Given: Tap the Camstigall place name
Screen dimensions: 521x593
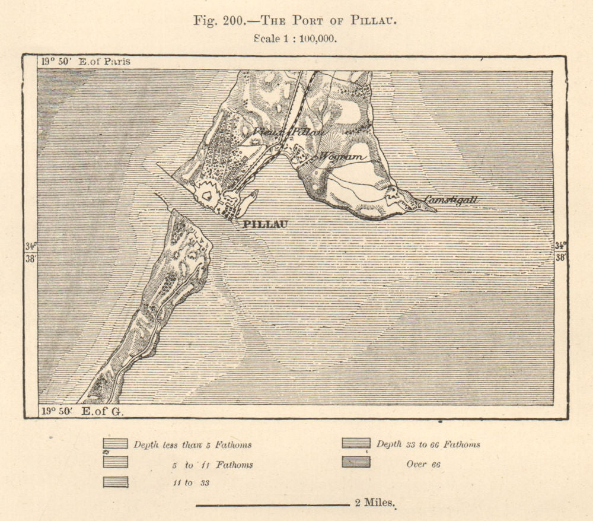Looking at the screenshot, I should tap(451, 201).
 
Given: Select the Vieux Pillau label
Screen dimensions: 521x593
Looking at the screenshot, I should tap(288, 132).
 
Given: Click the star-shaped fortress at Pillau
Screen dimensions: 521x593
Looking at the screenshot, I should tap(208, 193).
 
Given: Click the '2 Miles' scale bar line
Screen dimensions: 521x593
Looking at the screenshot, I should tap(272, 505).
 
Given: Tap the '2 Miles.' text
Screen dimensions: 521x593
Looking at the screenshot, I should tap(375, 503).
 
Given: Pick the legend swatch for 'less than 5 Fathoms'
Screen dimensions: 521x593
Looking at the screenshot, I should tap(115, 444).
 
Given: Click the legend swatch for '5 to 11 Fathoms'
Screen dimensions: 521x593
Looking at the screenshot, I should tap(115, 462).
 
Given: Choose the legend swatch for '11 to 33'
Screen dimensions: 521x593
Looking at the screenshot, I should tap(115, 482).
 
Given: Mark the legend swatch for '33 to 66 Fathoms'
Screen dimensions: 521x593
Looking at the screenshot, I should tap(356, 443).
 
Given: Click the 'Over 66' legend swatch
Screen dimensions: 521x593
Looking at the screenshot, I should tap(356, 462).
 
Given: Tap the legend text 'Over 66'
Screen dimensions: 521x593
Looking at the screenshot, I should tap(423, 464).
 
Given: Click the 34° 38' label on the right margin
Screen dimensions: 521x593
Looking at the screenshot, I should tap(560, 252).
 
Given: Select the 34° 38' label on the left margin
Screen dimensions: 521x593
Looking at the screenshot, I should tap(30, 252).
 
